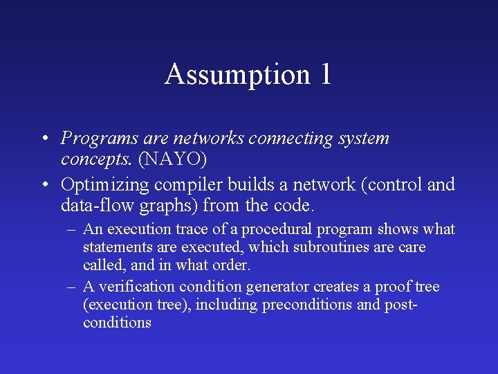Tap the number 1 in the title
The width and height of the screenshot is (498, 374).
coord(326,75)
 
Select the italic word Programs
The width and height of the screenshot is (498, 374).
coord(93,139)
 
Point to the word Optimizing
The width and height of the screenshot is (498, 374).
coord(105,186)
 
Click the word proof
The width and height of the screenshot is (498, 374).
coord(395,287)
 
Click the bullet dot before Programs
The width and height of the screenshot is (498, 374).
coord(44,139)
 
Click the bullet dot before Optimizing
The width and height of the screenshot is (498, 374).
coord(44,186)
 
